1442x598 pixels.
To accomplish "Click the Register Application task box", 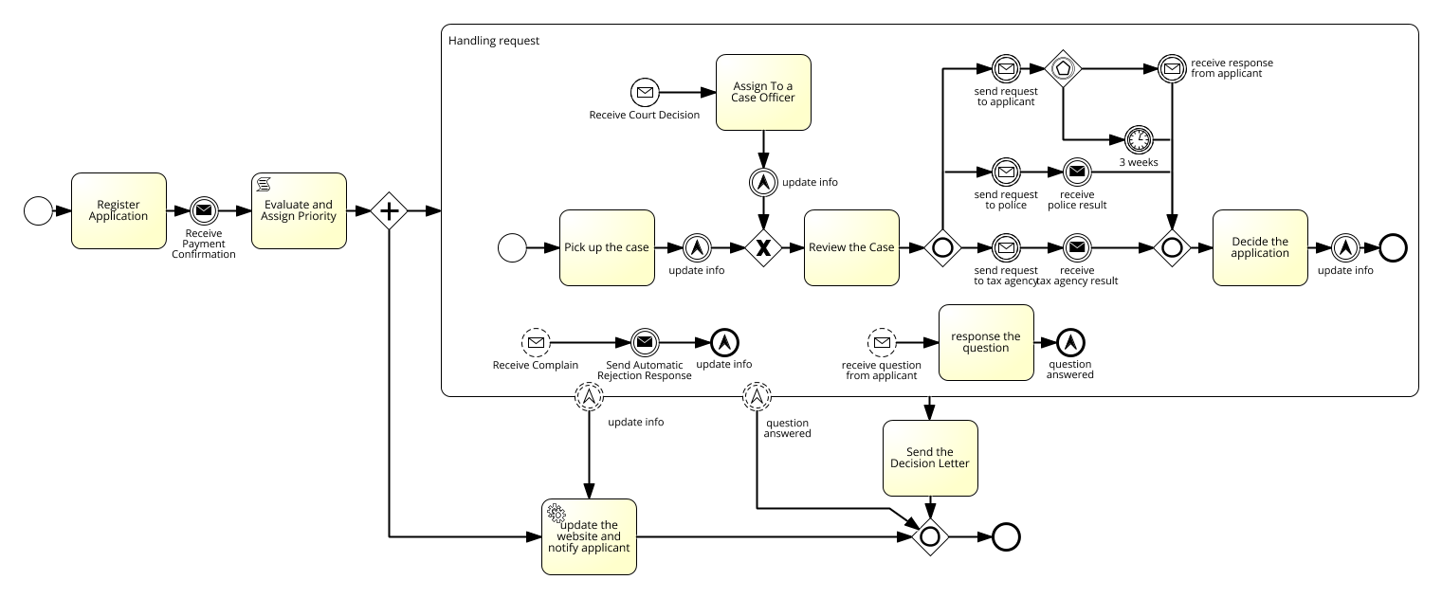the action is pos(119,210).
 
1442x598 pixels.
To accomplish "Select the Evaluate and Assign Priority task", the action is pos(299,210).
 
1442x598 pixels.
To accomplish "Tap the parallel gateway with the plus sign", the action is pos(389,210).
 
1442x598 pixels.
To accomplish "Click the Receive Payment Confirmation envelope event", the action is pos(204,210).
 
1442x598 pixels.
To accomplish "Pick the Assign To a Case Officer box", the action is pos(763,92).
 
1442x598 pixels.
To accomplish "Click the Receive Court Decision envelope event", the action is pos(645,92).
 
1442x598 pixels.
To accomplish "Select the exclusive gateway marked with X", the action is pos(763,248).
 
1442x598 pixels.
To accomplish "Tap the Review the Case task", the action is pos(851,248).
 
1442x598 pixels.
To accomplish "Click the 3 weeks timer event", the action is pos(1139,139).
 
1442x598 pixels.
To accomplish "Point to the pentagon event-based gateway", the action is pos(1063,68).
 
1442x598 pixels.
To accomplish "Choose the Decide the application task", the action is pos(1261,248).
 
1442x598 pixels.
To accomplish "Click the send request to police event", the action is pos(1006,172).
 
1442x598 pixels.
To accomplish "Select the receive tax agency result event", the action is pos(1077,248).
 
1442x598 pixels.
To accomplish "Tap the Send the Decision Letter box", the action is pos(930,459).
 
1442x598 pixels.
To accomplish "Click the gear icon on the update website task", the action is pos(557,514).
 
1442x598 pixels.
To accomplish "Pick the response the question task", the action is pos(986,342).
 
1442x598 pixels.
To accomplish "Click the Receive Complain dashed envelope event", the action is pos(536,342).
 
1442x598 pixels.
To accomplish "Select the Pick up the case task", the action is pos(607,248).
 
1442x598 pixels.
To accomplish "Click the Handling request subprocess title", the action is pos(494,41).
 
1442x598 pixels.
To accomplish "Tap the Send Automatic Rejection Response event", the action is pos(645,342).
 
